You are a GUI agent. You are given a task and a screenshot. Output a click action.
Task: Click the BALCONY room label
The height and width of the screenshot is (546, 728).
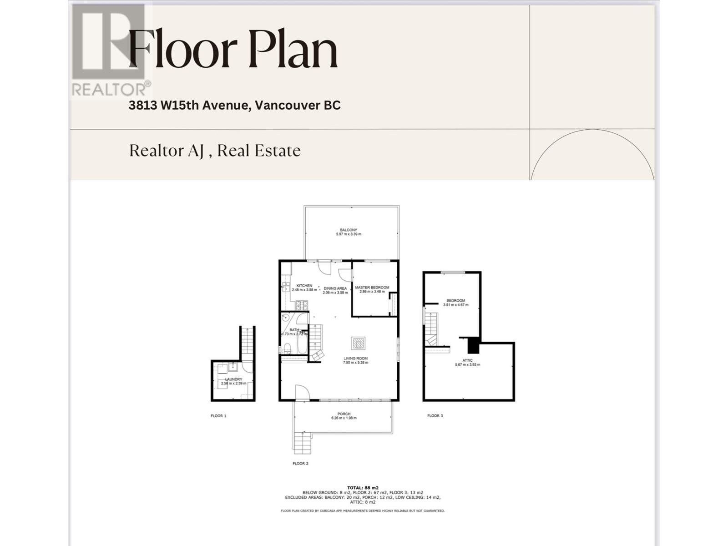tap(349, 230)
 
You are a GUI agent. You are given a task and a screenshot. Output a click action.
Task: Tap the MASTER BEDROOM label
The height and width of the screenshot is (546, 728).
tap(372, 288)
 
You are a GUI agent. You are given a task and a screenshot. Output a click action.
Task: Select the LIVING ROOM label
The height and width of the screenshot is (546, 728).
tap(355, 359)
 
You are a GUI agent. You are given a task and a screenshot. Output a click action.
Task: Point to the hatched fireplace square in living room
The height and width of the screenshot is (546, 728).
tap(358, 344)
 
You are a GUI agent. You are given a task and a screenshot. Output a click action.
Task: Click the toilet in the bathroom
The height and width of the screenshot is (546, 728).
tap(287, 349)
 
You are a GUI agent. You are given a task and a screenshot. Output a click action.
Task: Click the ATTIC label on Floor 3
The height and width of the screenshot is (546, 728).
tap(467, 360)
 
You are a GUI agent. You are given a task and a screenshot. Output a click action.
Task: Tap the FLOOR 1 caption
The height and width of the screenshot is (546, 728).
tap(218, 416)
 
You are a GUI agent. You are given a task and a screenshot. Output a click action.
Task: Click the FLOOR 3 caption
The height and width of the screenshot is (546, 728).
tap(435, 416)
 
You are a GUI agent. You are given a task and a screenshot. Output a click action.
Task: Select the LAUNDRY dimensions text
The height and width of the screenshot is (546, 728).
tap(233, 384)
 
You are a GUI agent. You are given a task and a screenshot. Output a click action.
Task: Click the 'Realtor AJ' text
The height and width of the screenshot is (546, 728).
tap(167, 151)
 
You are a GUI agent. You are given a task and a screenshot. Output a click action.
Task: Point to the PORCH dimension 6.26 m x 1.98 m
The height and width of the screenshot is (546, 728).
tap(344, 418)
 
